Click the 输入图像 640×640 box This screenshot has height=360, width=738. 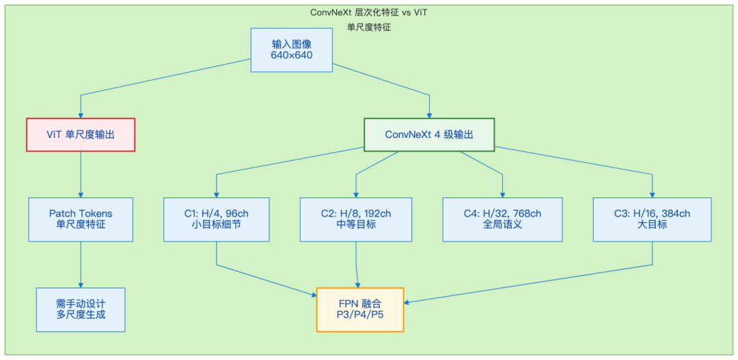pyautogui.click(x=291, y=50)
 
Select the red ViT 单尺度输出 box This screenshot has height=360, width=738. pyautogui.click(x=81, y=135)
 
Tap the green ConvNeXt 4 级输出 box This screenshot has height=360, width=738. pyautogui.click(x=429, y=135)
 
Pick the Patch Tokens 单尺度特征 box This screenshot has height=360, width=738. pyautogui.click(x=81, y=219)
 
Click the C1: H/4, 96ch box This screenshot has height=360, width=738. pyautogui.click(x=217, y=219)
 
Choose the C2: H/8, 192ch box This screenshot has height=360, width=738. pyautogui.click(x=356, y=219)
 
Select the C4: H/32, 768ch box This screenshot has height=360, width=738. pyautogui.click(x=502, y=219)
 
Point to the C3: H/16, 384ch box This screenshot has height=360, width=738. pyautogui.click(x=653, y=219)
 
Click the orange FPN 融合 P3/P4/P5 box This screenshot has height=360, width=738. pyautogui.click(x=360, y=309)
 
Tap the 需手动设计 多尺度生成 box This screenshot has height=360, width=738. pyautogui.click(x=81, y=309)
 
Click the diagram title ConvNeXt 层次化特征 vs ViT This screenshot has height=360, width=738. pyautogui.click(x=369, y=12)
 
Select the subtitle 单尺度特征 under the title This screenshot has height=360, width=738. pyautogui.click(x=369, y=28)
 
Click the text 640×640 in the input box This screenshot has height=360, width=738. pyautogui.click(x=291, y=55)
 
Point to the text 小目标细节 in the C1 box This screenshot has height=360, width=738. pyautogui.click(x=217, y=225)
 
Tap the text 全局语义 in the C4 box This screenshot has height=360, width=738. pyautogui.click(x=502, y=225)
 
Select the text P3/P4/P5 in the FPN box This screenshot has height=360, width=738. pyautogui.click(x=360, y=316)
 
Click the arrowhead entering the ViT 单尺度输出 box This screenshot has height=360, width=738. pyautogui.click(x=81, y=115)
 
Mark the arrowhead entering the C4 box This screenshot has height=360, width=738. pyautogui.click(x=502, y=195)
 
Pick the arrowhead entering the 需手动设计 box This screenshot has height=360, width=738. pyautogui.click(x=81, y=285)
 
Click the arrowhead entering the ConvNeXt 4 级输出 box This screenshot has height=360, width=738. pyautogui.click(x=429, y=115)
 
